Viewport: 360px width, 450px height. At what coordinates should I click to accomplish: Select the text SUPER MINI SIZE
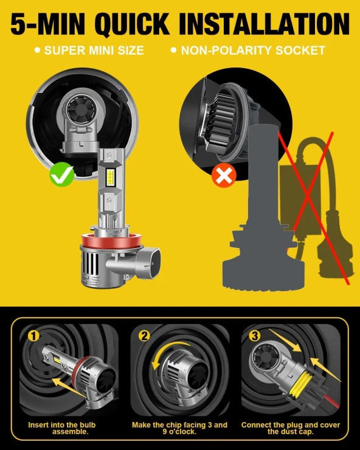coord(94,50)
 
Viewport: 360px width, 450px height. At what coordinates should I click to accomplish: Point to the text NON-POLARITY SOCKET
coord(253,50)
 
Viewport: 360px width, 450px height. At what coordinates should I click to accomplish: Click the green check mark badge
coord(62,174)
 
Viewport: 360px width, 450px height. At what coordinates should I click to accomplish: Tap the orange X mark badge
coord(224,176)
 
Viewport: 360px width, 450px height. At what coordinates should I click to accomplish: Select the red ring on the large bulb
coord(110,240)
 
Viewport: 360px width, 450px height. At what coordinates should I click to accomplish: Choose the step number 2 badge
coord(144,336)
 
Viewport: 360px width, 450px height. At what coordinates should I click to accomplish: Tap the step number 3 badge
coord(255,336)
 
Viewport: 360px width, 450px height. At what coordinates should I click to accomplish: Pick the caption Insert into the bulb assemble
coord(61,428)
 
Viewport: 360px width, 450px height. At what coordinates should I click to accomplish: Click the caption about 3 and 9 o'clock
coord(179,428)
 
